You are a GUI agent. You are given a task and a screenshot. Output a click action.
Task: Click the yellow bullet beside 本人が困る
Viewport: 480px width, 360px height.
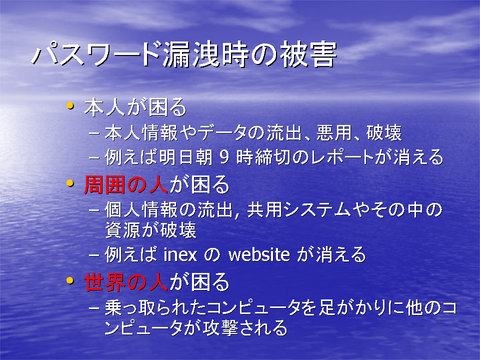(70, 106)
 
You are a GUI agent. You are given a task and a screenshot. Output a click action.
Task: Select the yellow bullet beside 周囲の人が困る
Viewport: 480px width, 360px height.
(70, 183)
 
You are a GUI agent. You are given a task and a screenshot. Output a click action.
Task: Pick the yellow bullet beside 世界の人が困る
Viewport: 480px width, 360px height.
(70, 280)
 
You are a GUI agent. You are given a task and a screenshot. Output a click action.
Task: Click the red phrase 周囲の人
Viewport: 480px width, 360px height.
(126, 185)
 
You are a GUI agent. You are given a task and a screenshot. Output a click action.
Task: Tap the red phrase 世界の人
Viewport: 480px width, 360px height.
(126, 282)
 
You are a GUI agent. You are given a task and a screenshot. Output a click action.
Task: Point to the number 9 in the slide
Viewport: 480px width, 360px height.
(224, 157)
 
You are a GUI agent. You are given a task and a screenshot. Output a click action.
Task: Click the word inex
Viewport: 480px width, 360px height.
(180, 254)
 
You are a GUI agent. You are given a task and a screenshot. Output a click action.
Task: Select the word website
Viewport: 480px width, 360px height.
(259, 254)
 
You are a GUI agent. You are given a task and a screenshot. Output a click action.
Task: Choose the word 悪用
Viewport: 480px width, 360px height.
(334, 133)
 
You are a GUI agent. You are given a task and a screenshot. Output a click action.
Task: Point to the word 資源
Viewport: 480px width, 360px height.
(123, 230)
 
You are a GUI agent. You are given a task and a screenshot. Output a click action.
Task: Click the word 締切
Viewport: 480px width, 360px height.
(272, 157)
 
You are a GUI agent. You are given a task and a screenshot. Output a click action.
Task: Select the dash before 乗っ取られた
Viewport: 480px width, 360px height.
(94, 307)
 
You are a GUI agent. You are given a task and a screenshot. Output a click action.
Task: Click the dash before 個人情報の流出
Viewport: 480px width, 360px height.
(94, 210)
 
